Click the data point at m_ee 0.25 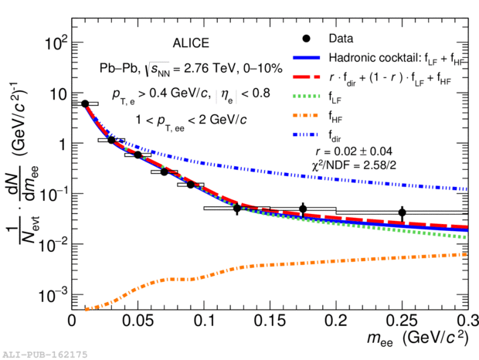point(402,212)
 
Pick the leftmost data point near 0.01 point(85,103)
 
